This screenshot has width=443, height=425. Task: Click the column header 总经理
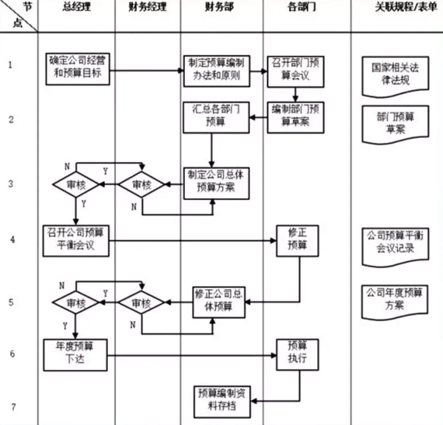76,7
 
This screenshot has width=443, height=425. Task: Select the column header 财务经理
147,7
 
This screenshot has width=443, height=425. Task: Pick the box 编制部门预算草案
295,117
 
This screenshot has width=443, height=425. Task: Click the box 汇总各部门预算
216,117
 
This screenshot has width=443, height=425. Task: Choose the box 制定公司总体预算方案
216,183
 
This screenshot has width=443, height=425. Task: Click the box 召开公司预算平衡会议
76,240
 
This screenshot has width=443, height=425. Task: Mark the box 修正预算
297,240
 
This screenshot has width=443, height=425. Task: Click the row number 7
13,407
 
